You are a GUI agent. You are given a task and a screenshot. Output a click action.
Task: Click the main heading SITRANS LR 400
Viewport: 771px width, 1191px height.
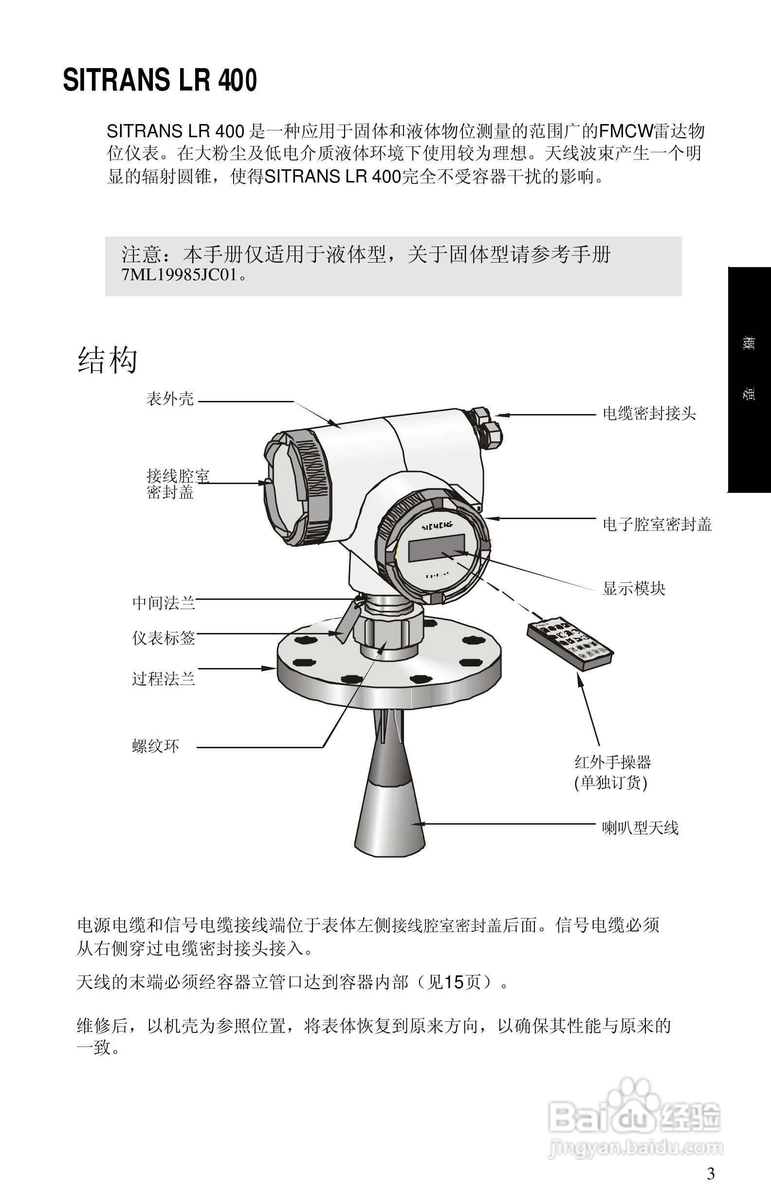(x=160, y=81)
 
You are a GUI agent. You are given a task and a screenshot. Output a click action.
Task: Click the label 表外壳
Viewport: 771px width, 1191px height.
(x=170, y=399)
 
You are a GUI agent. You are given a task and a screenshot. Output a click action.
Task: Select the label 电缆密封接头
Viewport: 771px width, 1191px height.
(x=649, y=414)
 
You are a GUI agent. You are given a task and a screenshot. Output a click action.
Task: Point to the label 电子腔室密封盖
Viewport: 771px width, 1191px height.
(x=657, y=524)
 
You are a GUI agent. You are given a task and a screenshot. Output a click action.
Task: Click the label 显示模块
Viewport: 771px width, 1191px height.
(x=633, y=588)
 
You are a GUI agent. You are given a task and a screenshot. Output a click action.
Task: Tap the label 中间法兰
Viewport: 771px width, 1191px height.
(x=163, y=602)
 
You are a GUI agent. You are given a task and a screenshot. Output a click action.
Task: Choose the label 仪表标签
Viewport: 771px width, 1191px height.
(x=163, y=637)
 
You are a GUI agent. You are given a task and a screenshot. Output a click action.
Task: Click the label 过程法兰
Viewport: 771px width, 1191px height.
(x=163, y=679)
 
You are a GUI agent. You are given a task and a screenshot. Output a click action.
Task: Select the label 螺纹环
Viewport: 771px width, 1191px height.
(x=155, y=746)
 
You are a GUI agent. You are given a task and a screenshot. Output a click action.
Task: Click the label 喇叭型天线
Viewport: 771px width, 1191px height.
(x=640, y=828)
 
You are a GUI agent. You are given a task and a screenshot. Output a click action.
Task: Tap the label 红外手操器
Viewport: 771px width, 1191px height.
(x=612, y=762)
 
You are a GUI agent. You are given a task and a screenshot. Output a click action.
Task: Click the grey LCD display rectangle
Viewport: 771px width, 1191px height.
(x=436, y=548)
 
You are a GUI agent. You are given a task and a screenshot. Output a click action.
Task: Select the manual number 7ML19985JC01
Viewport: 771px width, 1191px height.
(x=179, y=275)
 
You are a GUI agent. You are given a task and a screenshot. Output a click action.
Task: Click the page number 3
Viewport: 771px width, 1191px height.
(x=710, y=1173)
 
